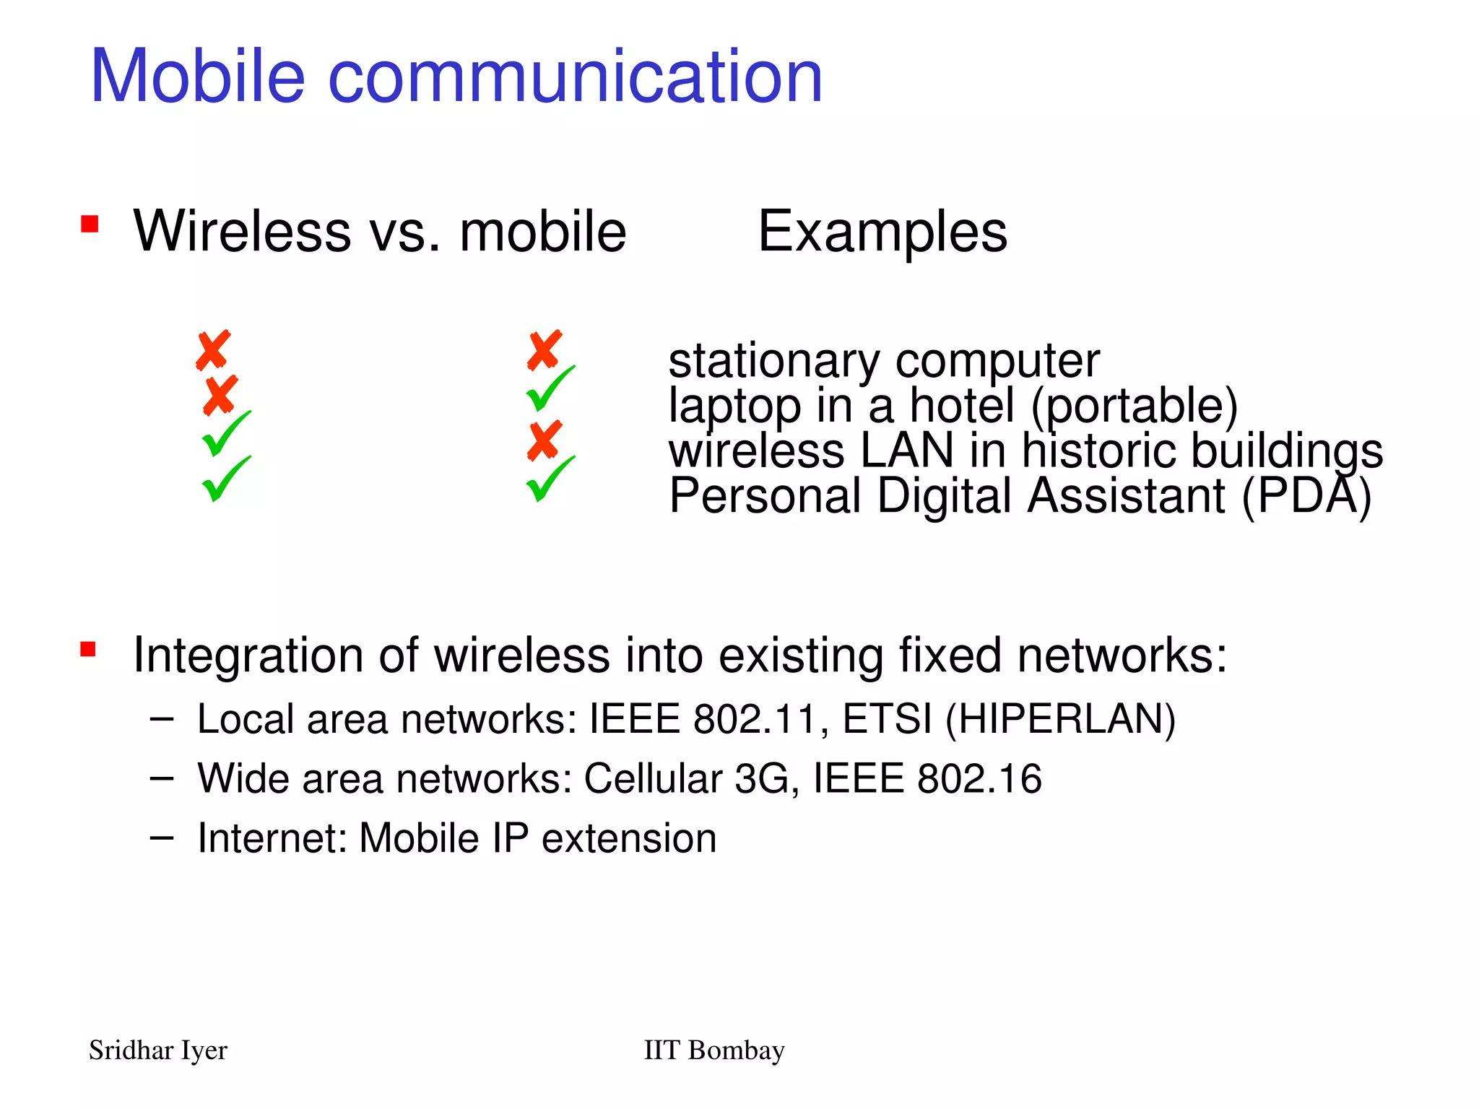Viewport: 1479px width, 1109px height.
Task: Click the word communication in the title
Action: coord(575,76)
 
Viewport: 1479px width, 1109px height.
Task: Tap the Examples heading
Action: coord(882,232)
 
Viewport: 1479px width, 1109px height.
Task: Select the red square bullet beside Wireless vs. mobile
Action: coord(90,224)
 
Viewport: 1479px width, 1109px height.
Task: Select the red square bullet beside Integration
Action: coord(88,649)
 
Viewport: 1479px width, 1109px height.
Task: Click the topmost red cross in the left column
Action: coord(213,351)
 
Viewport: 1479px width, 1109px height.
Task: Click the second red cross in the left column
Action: coord(220,395)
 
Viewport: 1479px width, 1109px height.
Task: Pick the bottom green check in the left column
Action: coord(225,479)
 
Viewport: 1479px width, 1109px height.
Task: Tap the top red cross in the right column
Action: coord(545,351)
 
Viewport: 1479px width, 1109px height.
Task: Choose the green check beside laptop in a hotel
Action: coord(550,388)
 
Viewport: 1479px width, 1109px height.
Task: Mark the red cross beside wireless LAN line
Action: coord(545,440)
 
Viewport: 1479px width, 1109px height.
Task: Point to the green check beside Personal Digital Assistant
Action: coord(550,479)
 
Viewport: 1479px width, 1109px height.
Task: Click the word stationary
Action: coord(773,360)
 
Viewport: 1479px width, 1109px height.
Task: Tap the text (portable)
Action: coord(1134,406)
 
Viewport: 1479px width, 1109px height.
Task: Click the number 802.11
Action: coord(754,719)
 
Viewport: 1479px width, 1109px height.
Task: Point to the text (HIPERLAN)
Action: coord(1060,719)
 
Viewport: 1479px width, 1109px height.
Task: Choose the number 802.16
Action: coord(979,778)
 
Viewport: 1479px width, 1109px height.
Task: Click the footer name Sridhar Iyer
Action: coord(157,1051)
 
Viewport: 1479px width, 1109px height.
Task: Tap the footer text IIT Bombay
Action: coord(714,1051)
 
